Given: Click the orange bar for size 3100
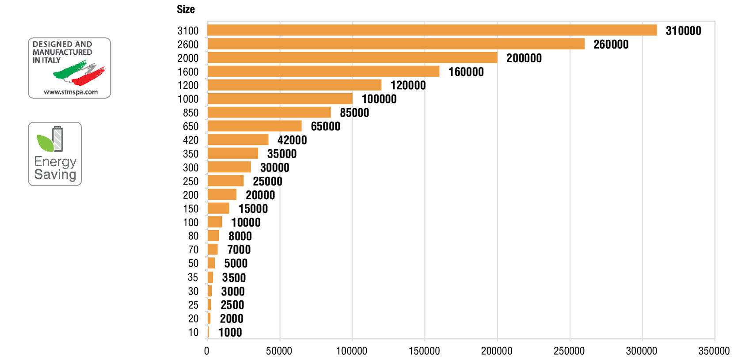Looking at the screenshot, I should [x=432, y=30].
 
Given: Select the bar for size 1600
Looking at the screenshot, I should [x=323, y=71].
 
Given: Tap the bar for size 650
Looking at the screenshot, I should [x=254, y=126].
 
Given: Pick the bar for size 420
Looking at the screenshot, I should [x=238, y=140].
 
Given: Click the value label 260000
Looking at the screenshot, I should [x=611, y=44].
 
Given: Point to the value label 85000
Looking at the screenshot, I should [x=354, y=113].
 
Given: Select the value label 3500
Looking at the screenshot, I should [x=234, y=277].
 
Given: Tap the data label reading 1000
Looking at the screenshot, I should [x=230, y=332].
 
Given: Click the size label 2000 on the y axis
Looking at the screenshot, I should [x=188, y=58].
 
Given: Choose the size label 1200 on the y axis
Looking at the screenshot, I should [x=188, y=85].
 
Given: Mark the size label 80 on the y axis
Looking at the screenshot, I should [x=193, y=236].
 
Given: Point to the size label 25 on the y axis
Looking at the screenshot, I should [x=193, y=305].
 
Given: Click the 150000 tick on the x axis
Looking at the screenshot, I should [x=424, y=351].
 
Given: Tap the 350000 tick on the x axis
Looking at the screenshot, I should [x=714, y=351].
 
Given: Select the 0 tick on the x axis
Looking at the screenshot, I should [x=207, y=351].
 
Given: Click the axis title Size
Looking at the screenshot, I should [x=186, y=9].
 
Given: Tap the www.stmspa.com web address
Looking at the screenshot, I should [x=71, y=92].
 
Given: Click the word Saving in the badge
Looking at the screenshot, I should [x=55, y=174].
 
